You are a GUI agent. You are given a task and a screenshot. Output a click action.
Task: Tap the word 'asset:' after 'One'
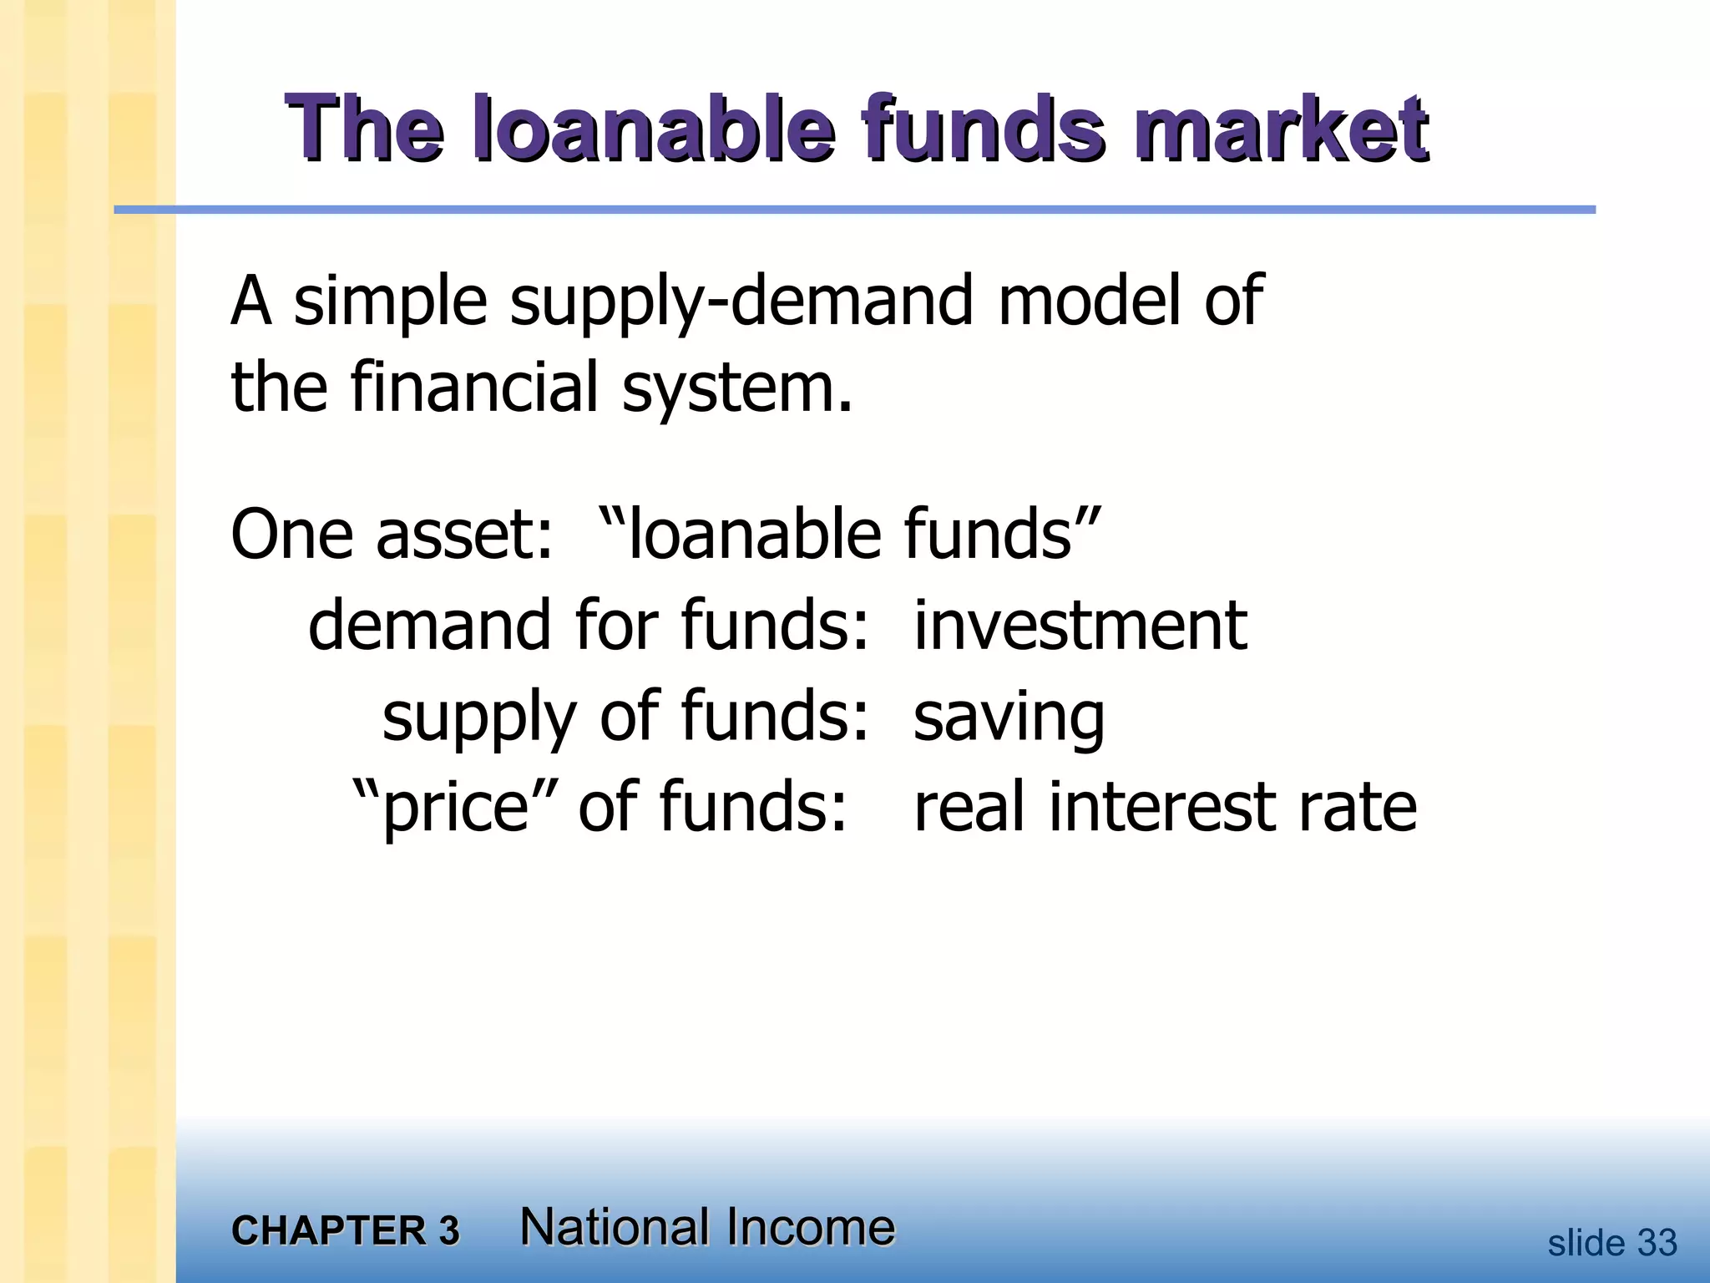pyautogui.click(x=464, y=535)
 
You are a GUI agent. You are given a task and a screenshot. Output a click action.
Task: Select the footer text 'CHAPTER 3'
pyautogui.click(x=346, y=1230)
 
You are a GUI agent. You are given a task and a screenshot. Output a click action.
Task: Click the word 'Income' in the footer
pyautogui.click(x=809, y=1227)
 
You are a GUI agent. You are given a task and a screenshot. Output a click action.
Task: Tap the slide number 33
pyautogui.click(x=1657, y=1243)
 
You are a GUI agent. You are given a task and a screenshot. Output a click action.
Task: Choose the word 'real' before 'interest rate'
pyautogui.click(x=969, y=807)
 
